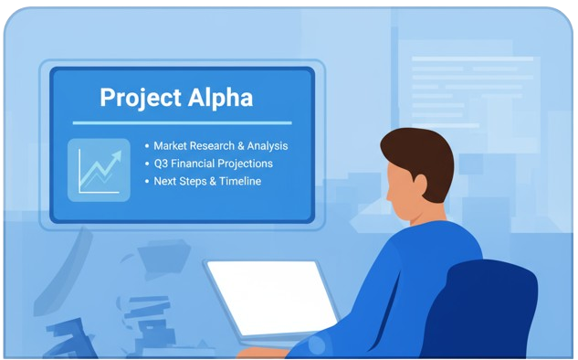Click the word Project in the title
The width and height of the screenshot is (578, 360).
141,98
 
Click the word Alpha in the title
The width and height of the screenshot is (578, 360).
220,97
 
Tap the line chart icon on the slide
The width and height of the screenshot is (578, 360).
99,170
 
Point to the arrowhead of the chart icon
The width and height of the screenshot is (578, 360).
117,156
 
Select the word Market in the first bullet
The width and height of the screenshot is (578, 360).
171,145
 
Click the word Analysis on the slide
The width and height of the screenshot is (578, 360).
268,146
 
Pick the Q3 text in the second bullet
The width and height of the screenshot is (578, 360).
161,164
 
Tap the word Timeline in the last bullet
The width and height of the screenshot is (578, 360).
240,181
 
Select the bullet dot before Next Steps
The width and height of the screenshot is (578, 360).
147,182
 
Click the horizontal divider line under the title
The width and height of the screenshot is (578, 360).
182,122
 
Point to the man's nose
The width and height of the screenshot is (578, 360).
388,195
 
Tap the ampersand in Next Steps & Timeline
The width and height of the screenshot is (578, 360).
213,181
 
